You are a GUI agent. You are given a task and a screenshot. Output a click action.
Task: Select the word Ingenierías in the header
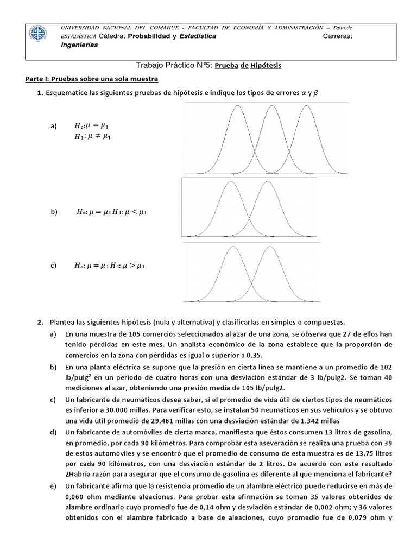pos(79,45)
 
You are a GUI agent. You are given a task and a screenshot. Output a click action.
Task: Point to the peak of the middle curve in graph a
pos(271,106)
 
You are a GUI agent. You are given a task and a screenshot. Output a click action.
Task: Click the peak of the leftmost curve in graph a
pos(237,106)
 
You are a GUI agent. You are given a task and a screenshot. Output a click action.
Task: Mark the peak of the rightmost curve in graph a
pos(307,106)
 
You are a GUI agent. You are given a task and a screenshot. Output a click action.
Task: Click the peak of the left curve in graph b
pos(231,182)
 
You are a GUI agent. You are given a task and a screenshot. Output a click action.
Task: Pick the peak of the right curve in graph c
pos(269,247)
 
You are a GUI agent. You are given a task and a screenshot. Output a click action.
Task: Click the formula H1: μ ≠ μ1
pos(92,137)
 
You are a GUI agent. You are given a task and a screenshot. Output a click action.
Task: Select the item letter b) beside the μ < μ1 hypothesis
pos(54,212)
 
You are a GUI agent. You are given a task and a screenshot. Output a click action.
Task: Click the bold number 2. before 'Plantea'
pos(40,322)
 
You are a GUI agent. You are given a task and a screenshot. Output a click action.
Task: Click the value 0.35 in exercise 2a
pos(253,355)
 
